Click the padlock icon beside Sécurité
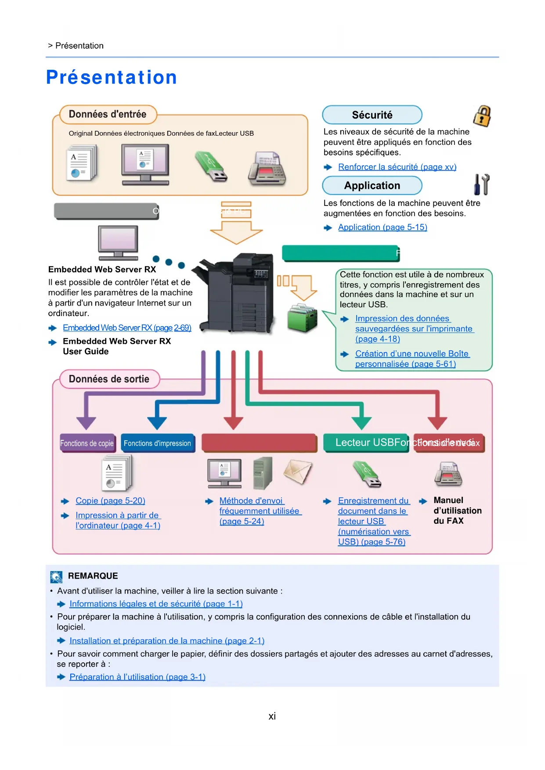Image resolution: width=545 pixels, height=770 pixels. pyautogui.click(x=482, y=116)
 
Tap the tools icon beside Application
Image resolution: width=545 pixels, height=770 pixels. pyautogui.click(x=481, y=185)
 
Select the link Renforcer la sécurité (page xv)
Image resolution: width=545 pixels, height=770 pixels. pyautogui.click(x=397, y=167)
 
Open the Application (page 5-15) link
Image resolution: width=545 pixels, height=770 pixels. pyautogui.click(x=382, y=227)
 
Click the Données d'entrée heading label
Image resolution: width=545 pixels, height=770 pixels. pyautogui.click(x=107, y=115)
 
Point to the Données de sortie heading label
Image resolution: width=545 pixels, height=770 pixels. pyautogui.click(x=109, y=379)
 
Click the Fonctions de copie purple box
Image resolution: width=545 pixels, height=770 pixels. pyautogui.click(x=87, y=443)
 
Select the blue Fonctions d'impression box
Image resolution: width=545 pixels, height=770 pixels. pyautogui.click(x=157, y=443)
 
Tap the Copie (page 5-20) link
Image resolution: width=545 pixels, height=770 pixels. pyautogui.click(x=110, y=501)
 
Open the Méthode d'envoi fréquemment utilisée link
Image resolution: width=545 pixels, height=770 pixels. pyautogui.click(x=259, y=511)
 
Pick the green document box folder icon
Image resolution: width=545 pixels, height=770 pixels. pyautogui.click(x=302, y=318)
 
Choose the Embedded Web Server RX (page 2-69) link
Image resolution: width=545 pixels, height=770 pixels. pyautogui.click(x=127, y=328)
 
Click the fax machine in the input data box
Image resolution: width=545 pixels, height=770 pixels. pyautogui.click(x=267, y=169)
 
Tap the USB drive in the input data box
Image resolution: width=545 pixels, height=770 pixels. pyautogui.click(x=211, y=166)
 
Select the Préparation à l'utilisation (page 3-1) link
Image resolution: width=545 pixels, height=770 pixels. pyautogui.click(x=137, y=677)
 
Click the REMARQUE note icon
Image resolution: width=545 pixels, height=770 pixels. pyautogui.click(x=56, y=577)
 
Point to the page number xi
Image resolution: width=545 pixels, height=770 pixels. pyautogui.click(x=272, y=716)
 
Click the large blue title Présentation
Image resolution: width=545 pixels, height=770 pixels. pyautogui.click(x=112, y=77)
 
